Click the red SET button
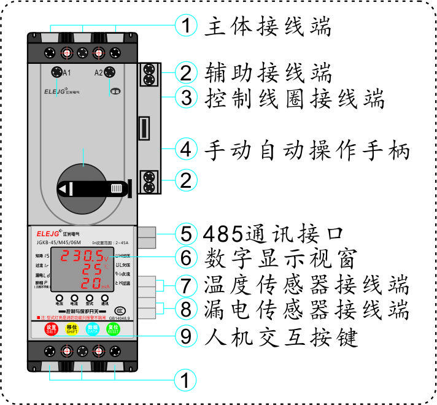[x=50, y=330]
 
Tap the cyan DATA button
[x=92, y=330]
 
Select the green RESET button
[x=113, y=330]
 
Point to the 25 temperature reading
[x=90, y=269]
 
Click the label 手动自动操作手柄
[x=306, y=148]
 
